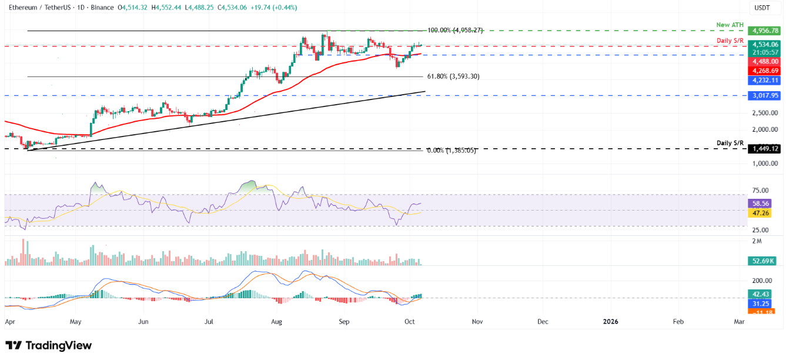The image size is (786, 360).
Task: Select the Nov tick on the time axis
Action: tap(477, 322)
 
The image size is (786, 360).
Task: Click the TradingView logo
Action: tap(49, 345)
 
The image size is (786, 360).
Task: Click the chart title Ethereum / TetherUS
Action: tap(42, 8)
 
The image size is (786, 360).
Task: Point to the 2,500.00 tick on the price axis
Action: tap(763, 112)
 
